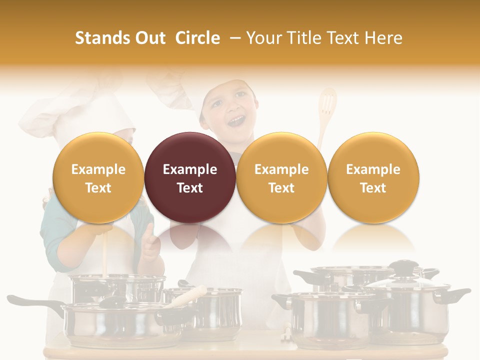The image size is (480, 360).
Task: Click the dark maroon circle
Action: tap(190, 177)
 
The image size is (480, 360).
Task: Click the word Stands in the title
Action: tap(101, 38)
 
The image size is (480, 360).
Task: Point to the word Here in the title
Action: tap(384, 38)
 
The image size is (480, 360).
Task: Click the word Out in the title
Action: tap(150, 38)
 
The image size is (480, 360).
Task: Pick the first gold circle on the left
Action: tap(98, 177)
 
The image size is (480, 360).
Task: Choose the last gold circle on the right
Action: tap(373, 177)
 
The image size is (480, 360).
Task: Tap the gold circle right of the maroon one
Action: tap(281, 177)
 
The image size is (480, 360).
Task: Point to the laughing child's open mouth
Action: tap(237, 120)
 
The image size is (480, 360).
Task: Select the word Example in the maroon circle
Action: tap(190, 169)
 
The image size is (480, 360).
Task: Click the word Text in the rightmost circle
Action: tap(373, 187)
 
